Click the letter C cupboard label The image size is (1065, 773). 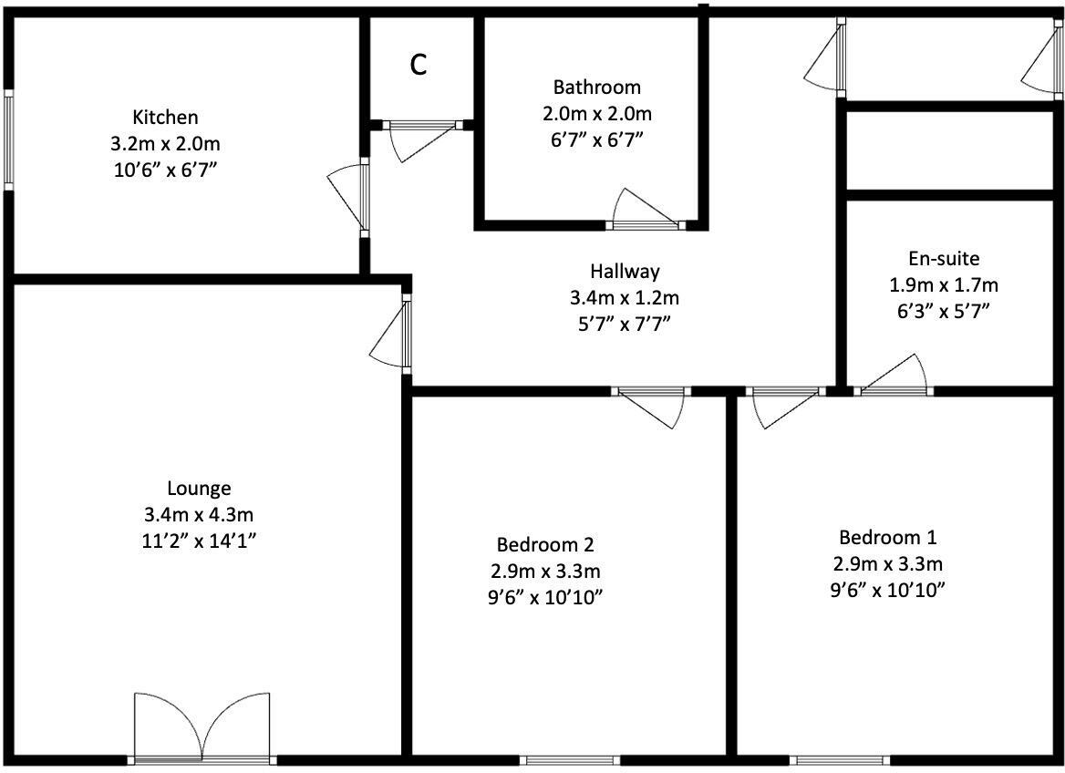pyautogui.click(x=419, y=65)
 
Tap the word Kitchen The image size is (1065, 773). pyautogui.click(x=165, y=117)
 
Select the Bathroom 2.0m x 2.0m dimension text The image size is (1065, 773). pyautogui.click(x=597, y=114)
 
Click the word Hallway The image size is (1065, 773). pyautogui.click(x=625, y=271)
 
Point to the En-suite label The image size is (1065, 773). pyautogui.click(x=944, y=258)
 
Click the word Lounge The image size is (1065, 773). pyautogui.click(x=199, y=489)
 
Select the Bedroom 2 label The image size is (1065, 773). pyautogui.click(x=545, y=544)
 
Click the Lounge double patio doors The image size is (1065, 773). pyautogui.click(x=202, y=728)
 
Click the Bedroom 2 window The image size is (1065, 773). pyautogui.click(x=571, y=759)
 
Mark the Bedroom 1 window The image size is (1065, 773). pyautogui.click(x=839, y=759)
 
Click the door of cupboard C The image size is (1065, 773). pyautogui.click(x=419, y=135)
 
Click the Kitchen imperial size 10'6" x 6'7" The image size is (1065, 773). pyautogui.click(x=165, y=170)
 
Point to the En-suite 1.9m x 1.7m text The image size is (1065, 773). pyautogui.click(x=944, y=284)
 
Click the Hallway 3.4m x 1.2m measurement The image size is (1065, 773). pyautogui.click(x=625, y=297)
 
